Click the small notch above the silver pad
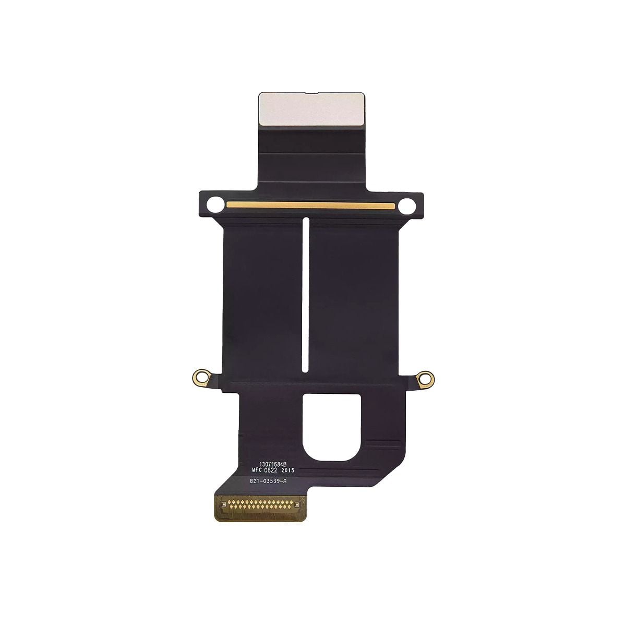tap(312, 93)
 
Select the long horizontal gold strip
tap(311, 205)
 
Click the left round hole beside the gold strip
tap(215, 204)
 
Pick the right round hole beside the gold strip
tap(406, 206)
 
